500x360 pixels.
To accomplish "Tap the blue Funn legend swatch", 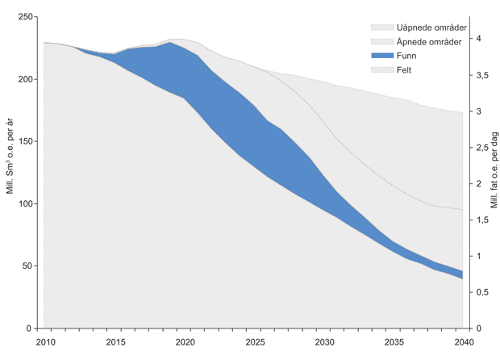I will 383,56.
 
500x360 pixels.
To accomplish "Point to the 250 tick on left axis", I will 25,18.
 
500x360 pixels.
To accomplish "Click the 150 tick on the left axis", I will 25,142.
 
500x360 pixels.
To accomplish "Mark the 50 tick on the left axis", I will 27,266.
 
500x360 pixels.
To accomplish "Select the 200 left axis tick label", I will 25,80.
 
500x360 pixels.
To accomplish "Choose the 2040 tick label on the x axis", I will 463,342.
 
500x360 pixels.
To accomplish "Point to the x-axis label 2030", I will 323,342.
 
